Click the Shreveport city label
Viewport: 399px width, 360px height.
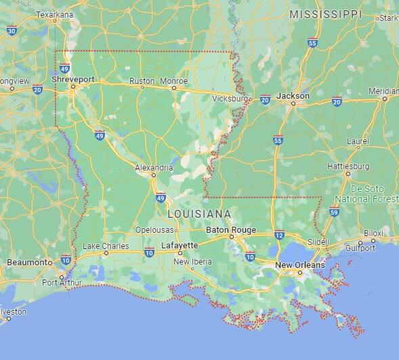(x=73, y=79)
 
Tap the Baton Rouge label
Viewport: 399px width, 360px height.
(x=231, y=230)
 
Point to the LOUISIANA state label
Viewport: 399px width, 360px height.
(x=199, y=214)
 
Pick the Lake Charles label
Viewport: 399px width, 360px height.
(x=105, y=246)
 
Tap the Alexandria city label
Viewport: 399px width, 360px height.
(x=154, y=167)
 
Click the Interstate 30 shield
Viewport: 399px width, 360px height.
(x=12, y=30)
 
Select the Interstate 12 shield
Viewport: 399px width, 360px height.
(x=279, y=235)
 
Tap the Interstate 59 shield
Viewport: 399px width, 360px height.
(x=334, y=212)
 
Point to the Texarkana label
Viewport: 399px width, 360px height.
(x=54, y=14)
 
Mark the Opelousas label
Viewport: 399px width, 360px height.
(x=155, y=230)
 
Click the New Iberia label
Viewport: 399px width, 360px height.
(x=190, y=262)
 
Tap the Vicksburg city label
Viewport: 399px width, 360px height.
(x=230, y=99)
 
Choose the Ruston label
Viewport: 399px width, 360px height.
(x=142, y=81)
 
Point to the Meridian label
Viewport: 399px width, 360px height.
(x=383, y=91)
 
